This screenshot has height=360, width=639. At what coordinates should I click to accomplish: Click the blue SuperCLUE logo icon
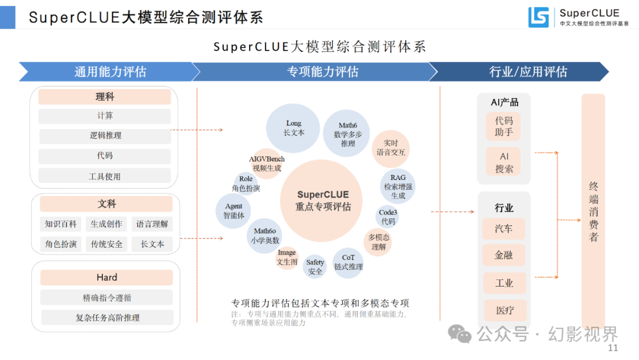538,17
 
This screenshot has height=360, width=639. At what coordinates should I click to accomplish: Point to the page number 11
613,348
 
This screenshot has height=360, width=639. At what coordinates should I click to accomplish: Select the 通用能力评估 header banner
109,72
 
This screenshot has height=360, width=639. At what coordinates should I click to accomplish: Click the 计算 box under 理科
105,116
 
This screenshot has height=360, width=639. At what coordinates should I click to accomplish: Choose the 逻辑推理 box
105,136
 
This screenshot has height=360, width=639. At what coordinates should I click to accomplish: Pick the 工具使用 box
105,176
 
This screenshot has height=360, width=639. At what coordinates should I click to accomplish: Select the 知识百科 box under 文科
61,224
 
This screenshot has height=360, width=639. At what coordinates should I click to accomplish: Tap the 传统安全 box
106,244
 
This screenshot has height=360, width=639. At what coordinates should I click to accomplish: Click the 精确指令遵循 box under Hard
106,297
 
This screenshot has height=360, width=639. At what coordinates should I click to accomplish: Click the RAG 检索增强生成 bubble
398,186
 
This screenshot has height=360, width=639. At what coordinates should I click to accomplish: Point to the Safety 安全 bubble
315,266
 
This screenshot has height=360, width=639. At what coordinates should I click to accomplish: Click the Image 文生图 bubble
287,258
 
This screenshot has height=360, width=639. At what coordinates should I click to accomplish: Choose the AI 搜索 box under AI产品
504,162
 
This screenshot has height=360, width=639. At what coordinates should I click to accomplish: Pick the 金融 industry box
504,255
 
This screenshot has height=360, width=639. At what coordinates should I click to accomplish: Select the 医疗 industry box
504,310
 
